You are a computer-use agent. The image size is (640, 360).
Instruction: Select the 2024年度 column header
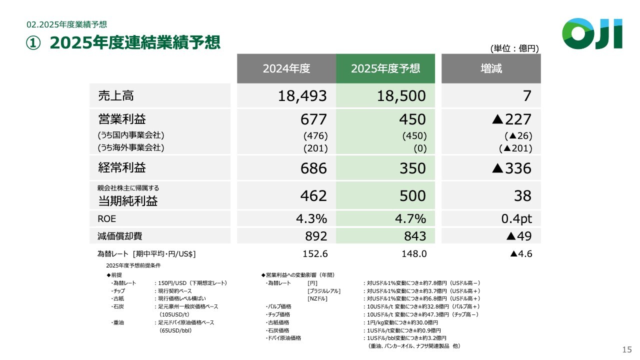point(286,68)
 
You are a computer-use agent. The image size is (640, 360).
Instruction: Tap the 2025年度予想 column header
point(385,68)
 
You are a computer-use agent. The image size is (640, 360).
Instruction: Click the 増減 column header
point(491,68)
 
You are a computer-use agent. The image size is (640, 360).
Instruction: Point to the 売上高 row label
point(115,95)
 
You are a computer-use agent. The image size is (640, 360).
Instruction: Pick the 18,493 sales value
point(302,96)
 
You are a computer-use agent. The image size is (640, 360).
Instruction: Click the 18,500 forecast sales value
point(401,96)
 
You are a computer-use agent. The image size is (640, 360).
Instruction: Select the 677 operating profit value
point(313,119)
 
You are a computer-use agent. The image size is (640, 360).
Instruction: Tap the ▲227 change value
point(511,119)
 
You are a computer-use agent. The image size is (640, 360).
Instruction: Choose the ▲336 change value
point(511,168)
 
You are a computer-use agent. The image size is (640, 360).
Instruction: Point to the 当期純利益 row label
point(127,201)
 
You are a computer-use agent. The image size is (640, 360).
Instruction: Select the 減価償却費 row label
point(116,235)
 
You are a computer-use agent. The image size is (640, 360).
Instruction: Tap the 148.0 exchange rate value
point(414,253)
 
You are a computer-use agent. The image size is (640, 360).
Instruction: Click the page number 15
point(626,349)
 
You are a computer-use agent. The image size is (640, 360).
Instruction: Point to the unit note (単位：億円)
point(514,48)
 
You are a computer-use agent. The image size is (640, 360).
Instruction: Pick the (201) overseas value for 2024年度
point(315,148)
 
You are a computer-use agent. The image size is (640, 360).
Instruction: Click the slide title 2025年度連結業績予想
point(135,42)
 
